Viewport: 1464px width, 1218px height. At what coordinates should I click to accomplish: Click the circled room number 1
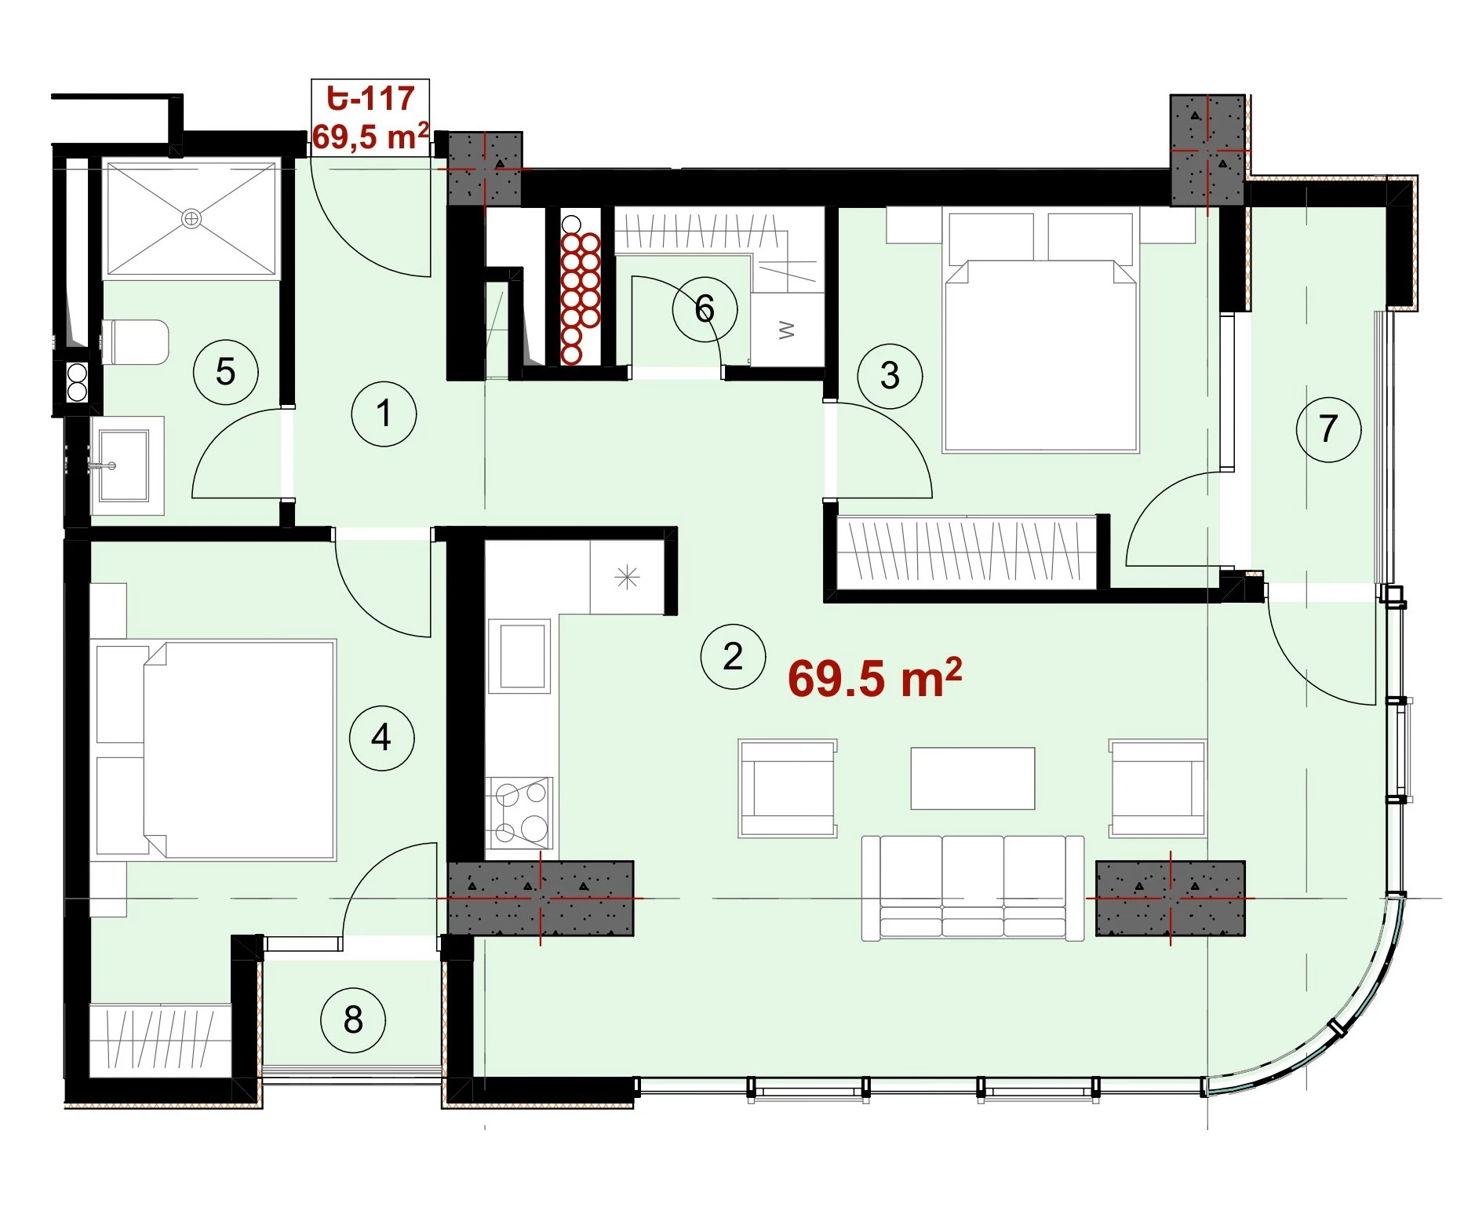tap(384, 414)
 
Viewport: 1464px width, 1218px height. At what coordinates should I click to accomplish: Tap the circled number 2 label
tap(733, 656)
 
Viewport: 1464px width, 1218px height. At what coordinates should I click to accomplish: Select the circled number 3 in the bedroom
tap(890, 375)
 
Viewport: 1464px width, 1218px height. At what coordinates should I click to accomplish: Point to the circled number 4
tap(381, 738)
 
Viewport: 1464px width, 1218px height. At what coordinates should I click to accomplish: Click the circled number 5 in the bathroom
tap(226, 371)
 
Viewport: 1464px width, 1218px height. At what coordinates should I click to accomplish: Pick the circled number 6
tap(705, 308)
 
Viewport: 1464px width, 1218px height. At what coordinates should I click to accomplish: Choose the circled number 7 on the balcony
tap(1328, 428)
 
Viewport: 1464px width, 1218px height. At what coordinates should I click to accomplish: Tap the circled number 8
tap(353, 1019)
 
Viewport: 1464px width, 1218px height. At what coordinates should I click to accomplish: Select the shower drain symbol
tap(191, 218)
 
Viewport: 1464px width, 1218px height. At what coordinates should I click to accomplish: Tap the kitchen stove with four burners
tap(519, 812)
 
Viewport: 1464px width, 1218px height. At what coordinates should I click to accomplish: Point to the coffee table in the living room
tap(973, 778)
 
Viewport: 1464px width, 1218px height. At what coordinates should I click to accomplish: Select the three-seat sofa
tap(973, 888)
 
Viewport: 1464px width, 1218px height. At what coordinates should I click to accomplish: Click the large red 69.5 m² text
tap(875, 677)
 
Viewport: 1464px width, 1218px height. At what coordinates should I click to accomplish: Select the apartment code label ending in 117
tap(370, 99)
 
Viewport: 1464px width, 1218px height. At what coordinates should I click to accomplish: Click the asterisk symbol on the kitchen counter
tap(627, 578)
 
